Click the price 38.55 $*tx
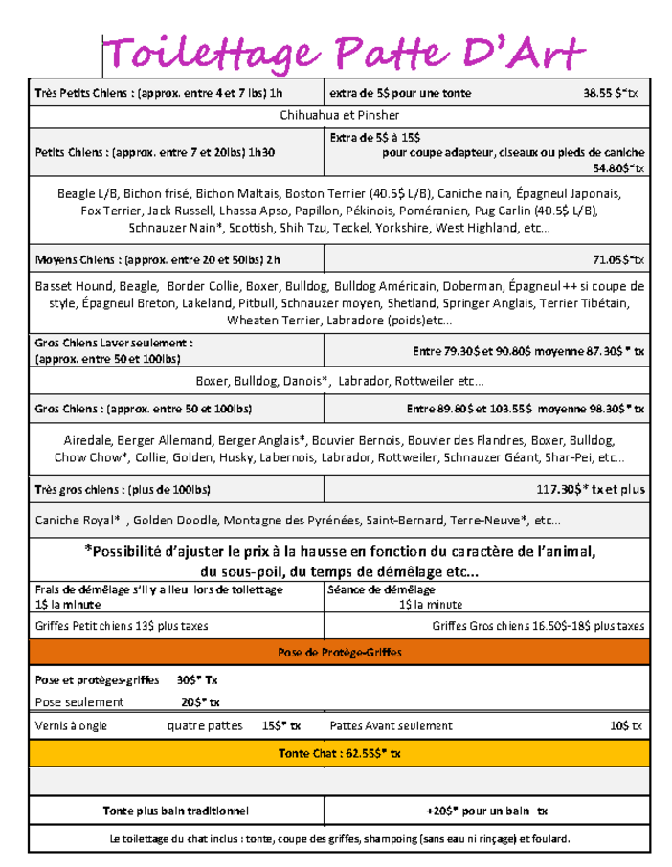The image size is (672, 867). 614,93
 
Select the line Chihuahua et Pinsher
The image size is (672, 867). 340,116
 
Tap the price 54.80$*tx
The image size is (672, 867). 618,168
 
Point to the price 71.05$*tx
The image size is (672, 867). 618,259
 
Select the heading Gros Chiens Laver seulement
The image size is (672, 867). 114,342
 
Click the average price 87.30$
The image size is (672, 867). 597,350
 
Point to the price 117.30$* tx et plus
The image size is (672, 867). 591,490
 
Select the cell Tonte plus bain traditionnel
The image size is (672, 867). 176,811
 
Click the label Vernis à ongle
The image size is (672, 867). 71,725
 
